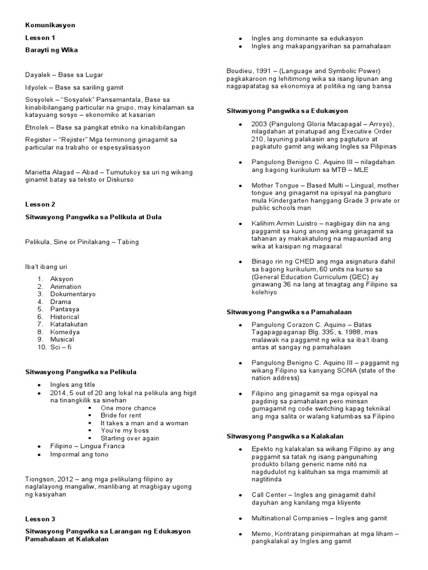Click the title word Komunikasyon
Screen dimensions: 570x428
click(50, 25)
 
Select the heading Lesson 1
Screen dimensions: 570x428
click(41, 38)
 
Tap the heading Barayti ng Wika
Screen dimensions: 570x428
click(51, 50)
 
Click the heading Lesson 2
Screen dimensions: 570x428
click(41, 204)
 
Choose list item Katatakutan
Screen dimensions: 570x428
click(69, 324)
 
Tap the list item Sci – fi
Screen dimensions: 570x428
click(61, 347)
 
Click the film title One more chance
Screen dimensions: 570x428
click(128, 408)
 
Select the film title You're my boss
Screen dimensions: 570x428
click(125, 430)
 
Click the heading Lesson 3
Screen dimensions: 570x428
click(41, 519)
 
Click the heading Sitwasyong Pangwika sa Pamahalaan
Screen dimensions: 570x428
click(289, 312)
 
